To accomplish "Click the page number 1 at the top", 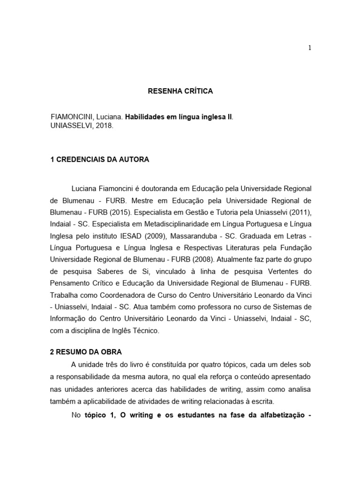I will click(309, 47).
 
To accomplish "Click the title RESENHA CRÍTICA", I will click(180, 91).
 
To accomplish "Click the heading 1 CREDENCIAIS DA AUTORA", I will click(99, 159).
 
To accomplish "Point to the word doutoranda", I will click(158, 188).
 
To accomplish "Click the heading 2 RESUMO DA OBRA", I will click(86, 351).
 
